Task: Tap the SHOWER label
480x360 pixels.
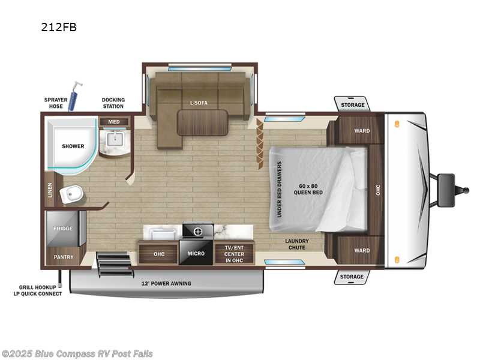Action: (x=73, y=146)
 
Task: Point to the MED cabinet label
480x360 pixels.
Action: (x=113, y=122)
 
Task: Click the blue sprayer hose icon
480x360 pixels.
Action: (x=74, y=96)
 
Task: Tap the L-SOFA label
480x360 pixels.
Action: (x=199, y=103)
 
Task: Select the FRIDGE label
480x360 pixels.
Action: (x=63, y=229)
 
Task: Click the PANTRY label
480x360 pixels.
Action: (x=63, y=256)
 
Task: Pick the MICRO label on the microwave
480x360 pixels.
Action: (x=196, y=253)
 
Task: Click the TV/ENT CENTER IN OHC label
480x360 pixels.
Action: (x=235, y=253)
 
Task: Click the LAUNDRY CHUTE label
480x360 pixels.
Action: (x=296, y=244)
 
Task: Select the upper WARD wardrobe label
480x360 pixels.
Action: (x=362, y=130)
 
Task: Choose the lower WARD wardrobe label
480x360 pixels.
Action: (x=362, y=250)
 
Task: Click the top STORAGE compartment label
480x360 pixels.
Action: (x=352, y=105)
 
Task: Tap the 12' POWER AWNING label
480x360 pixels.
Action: (x=166, y=283)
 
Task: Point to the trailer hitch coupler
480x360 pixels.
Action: (x=464, y=191)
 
